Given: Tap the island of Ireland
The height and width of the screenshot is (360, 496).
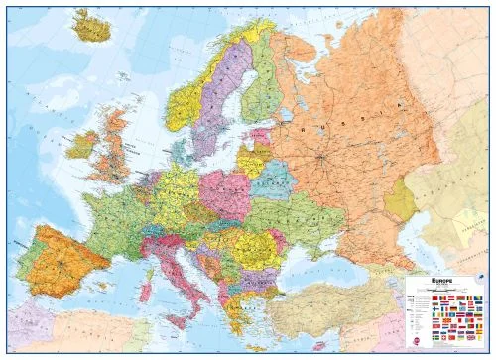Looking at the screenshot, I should (x=80, y=147).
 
